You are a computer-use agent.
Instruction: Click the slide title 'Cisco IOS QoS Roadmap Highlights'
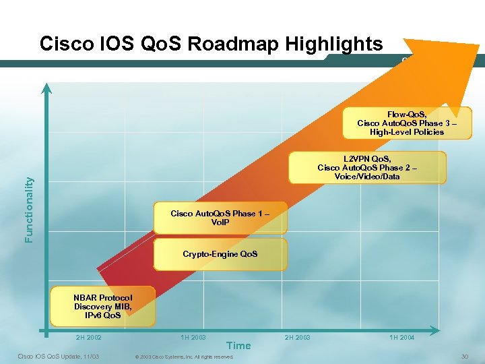[211, 44]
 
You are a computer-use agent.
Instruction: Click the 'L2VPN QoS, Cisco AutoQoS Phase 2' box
[367, 167]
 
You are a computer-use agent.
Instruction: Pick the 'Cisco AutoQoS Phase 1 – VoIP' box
[220, 218]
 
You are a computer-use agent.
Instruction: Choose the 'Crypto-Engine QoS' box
[220, 254]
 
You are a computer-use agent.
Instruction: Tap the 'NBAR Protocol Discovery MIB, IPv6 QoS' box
[103, 306]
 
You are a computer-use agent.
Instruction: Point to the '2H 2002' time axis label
[89, 337]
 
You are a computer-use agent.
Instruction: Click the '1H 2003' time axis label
[193, 337]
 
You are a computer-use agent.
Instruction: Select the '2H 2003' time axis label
[298, 337]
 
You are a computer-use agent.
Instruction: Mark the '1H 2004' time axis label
[401, 337]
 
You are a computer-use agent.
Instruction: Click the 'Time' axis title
[238, 346]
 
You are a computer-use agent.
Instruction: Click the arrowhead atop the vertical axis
[46, 88]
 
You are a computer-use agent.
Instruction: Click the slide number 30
[464, 356]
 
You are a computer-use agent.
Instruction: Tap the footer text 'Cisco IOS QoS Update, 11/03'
[58, 356]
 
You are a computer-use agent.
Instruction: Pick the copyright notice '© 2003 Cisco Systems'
[184, 357]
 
